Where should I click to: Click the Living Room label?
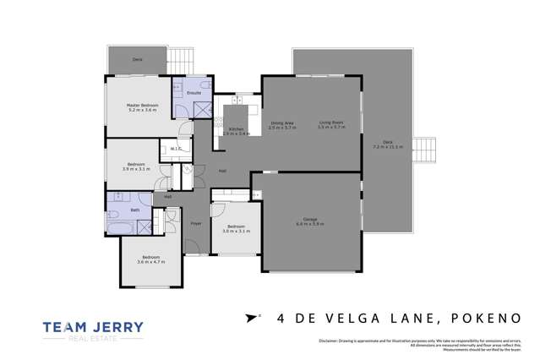pos(330,123)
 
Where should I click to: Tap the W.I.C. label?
pos(174,149)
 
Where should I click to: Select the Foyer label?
pos(195,224)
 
